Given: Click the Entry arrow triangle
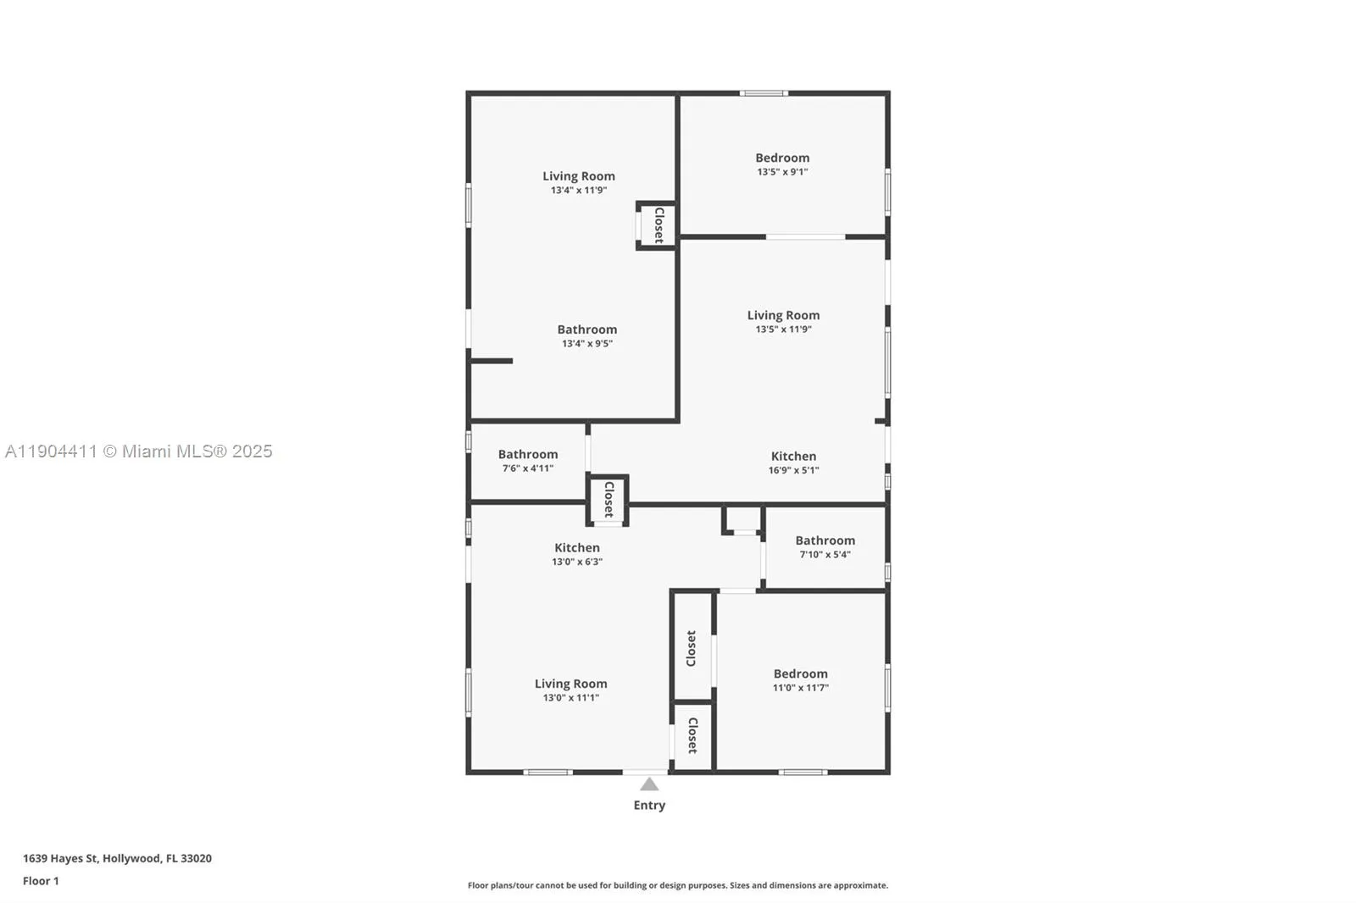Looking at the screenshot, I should click(x=649, y=784).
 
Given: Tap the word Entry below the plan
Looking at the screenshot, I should click(x=649, y=806).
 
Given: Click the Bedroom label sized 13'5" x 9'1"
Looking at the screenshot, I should click(x=782, y=158).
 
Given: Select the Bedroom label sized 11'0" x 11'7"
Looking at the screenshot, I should click(x=800, y=674).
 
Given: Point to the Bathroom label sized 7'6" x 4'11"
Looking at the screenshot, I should click(x=527, y=455).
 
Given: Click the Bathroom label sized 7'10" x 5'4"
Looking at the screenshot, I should click(x=825, y=540).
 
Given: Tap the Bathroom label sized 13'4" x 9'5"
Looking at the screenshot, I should click(x=586, y=330).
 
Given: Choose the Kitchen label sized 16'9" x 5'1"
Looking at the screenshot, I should click(x=793, y=457).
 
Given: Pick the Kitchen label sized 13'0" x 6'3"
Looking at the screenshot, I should click(x=576, y=548).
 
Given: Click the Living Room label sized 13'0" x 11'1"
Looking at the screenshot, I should click(x=570, y=684).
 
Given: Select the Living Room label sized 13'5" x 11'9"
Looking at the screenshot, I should click(x=783, y=315).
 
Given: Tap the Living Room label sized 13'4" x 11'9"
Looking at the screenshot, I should click(x=579, y=176).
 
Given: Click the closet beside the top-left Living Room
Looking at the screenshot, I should click(x=658, y=225).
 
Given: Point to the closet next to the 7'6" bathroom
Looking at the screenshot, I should click(x=608, y=500).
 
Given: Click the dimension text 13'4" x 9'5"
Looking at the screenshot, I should click(x=586, y=344).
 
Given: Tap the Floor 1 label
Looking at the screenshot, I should click(x=41, y=881).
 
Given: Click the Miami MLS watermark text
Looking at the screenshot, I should click(x=138, y=451).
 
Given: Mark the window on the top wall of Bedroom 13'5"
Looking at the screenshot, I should click(x=764, y=93).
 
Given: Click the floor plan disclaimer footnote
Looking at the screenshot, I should click(x=677, y=885).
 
